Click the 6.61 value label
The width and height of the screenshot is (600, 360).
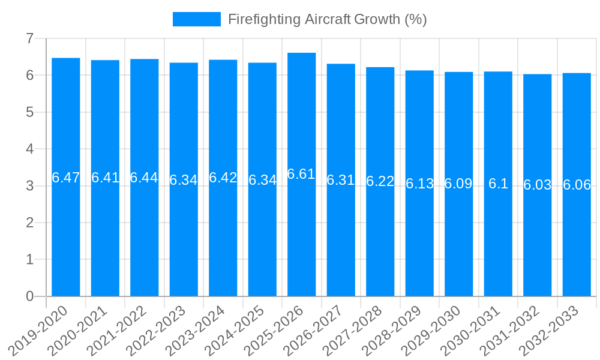tap(301, 174)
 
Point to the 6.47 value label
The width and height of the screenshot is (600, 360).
tap(66, 178)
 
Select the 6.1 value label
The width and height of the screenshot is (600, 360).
tap(498, 184)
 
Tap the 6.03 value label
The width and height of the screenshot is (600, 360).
tap(538, 185)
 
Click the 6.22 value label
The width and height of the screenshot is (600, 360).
tap(380, 181)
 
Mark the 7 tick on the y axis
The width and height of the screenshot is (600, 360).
tap(29, 38)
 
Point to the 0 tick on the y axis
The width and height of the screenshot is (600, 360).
tap(29, 296)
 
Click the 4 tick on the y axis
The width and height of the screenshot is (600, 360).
tap(29, 149)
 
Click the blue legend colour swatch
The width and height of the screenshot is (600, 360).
tap(196, 19)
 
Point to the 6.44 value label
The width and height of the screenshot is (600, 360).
tap(144, 178)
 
